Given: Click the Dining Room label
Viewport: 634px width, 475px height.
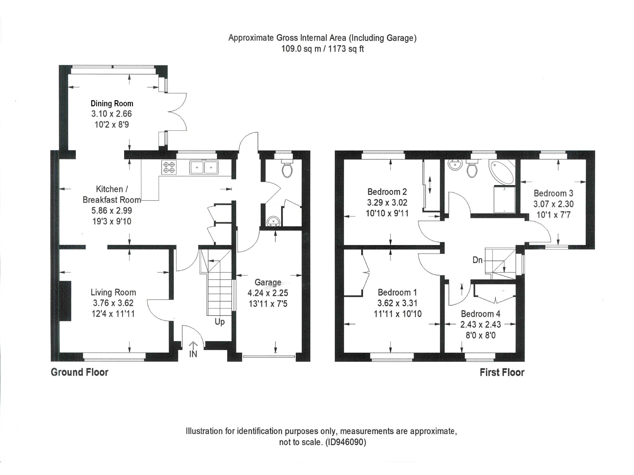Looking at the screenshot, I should (x=112, y=104).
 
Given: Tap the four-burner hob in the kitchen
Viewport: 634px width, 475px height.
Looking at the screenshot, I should (x=169, y=167).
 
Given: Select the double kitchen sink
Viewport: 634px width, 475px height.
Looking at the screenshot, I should (x=204, y=167).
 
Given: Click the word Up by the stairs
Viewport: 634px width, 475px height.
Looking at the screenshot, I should (x=219, y=322).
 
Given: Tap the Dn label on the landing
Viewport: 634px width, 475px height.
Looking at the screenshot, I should (x=477, y=260).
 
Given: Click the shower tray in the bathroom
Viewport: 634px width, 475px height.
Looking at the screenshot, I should (x=504, y=199).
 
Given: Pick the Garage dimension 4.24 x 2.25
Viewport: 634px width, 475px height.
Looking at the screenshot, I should (x=268, y=293).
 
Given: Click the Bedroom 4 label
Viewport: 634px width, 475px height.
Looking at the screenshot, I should (x=480, y=314).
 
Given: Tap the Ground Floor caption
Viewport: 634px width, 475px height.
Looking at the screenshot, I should (x=80, y=372).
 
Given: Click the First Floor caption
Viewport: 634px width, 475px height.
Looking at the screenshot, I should (x=502, y=372).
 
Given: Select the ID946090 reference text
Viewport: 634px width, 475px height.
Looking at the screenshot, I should (x=346, y=442).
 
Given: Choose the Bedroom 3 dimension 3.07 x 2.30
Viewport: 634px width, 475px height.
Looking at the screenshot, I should (x=553, y=204).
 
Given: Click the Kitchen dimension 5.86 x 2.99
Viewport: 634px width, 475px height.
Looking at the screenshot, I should (x=112, y=211).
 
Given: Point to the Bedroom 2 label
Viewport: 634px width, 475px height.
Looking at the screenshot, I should (x=387, y=192).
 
